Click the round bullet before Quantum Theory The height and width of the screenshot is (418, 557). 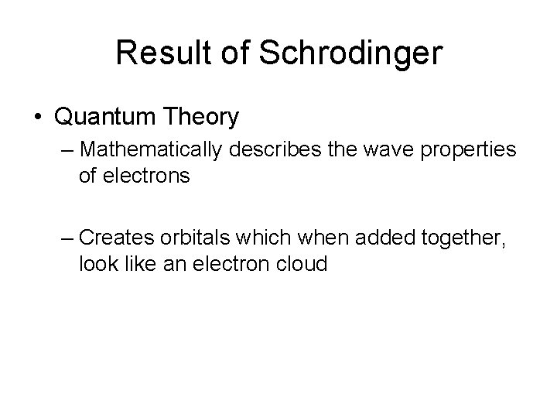pos(39,118)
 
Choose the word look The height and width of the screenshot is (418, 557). pos(96,264)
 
